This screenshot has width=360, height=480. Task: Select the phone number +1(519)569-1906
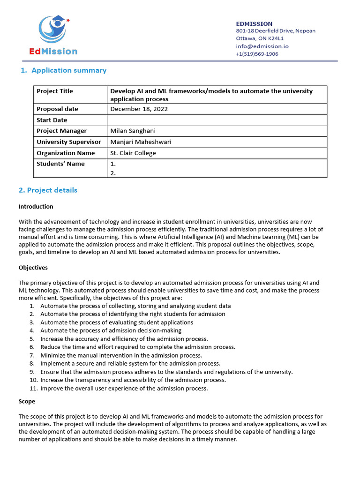pos(256,54)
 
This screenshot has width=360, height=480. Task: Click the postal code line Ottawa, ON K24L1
pos(259,38)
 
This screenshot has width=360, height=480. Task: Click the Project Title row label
pos(55,91)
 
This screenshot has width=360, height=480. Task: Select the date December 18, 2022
pos(139,109)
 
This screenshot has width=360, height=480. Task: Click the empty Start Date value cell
pos(217,120)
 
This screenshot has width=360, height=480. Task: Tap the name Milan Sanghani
pos(133,131)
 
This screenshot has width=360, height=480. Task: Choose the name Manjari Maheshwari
pos(141,142)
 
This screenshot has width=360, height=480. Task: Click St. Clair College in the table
pos(133,153)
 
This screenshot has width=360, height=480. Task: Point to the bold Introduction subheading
pos(36,206)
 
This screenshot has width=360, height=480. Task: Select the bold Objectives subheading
pos(33,268)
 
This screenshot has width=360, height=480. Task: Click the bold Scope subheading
pos(27,402)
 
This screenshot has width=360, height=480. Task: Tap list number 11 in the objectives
pos(33,388)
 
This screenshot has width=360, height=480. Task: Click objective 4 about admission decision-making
pos(111,330)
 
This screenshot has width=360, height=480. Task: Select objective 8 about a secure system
pos(130,363)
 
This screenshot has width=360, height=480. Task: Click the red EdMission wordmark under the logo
pos(53,52)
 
